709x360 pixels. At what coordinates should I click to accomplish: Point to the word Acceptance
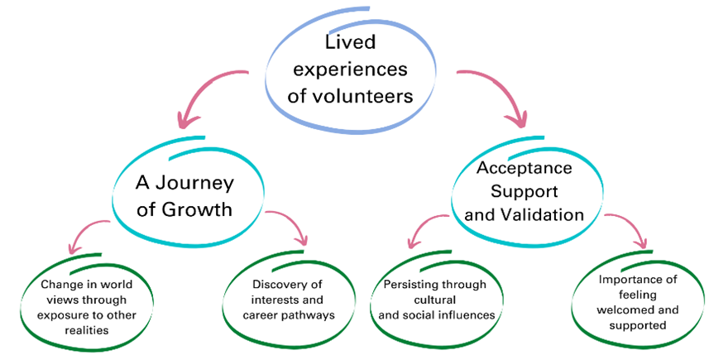pyautogui.click(x=525, y=168)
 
